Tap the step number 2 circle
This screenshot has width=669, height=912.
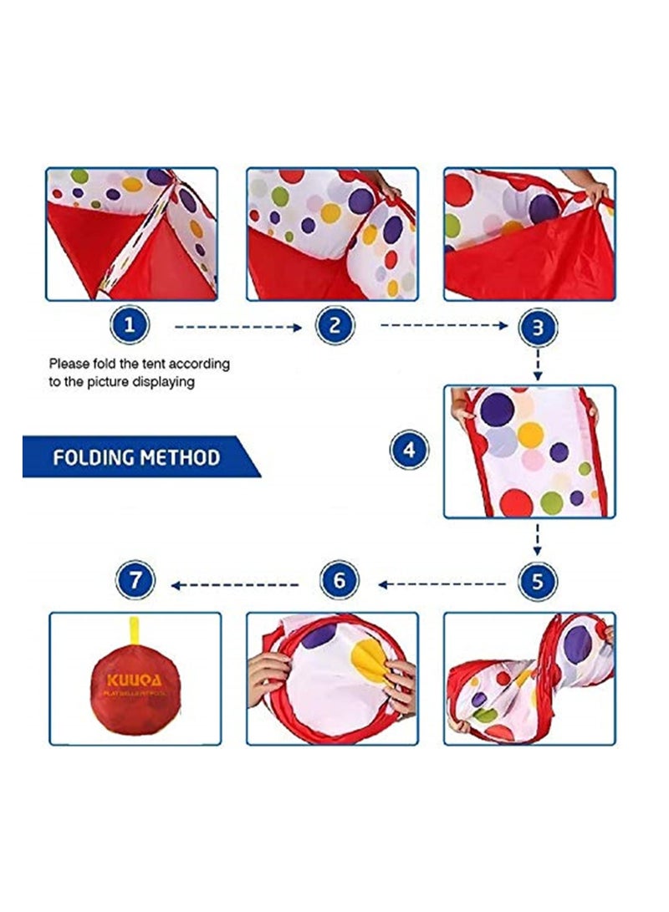point(335,326)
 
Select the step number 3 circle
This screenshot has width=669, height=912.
point(538,328)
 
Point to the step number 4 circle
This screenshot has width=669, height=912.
point(410,451)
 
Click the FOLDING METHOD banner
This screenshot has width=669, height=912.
point(137,457)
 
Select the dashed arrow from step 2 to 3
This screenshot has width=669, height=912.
point(443,326)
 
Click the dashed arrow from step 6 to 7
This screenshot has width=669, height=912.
point(236,584)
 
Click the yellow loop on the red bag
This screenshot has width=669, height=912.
point(134,631)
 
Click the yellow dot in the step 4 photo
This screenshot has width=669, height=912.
point(530,434)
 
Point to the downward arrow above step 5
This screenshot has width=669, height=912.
point(538,539)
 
